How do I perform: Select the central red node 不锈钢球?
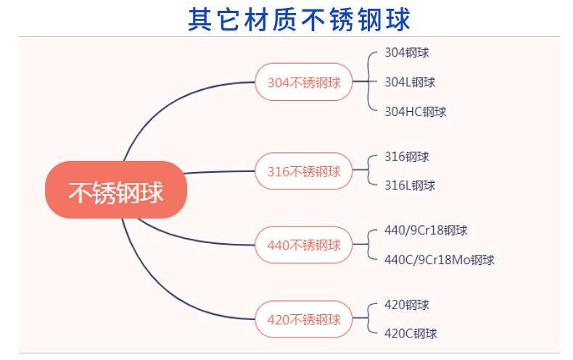point(116,192)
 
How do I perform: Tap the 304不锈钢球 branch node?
point(304,82)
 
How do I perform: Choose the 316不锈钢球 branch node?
point(304,171)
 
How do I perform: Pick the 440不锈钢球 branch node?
point(304,245)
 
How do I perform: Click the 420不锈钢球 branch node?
point(304,319)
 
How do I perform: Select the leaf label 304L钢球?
point(410,82)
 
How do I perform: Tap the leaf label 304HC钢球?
point(415,112)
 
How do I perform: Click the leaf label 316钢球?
point(407,156)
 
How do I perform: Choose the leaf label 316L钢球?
point(410,186)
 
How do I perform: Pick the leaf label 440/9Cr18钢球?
point(426,230)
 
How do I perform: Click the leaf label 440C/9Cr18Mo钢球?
point(440,260)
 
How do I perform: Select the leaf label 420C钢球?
point(411,334)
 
